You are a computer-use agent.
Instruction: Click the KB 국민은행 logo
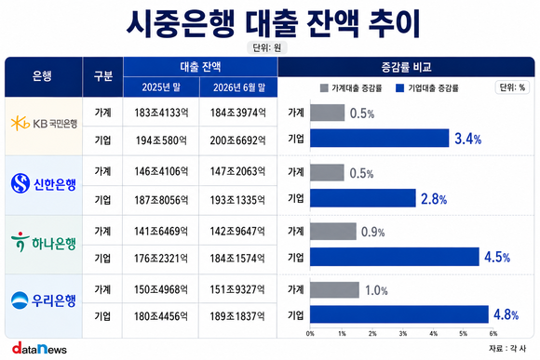(x=44, y=124)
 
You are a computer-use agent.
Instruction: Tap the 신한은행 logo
(x=44, y=183)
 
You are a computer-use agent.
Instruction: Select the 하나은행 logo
(x=44, y=242)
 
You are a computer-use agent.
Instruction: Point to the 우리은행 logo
(x=44, y=300)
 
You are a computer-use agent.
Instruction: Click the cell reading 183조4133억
(x=161, y=113)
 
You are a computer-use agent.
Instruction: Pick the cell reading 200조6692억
(x=238, y=140)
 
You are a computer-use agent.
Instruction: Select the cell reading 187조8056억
(x=161, y=200)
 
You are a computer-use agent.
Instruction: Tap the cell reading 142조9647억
(x=237, y=231)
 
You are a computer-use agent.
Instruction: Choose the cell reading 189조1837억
(x=237, y=316)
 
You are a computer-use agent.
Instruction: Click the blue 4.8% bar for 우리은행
(x=399, y=314)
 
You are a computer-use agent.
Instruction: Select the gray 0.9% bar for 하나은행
(x=333, y=232)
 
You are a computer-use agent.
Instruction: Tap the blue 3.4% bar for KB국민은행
(x=380, y=138)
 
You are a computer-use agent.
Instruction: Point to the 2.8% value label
(x=434, y=199)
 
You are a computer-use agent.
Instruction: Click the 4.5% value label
(x=497, y=257)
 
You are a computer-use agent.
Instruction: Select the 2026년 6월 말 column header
(x=238, y=87)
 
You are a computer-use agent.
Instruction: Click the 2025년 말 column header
(x=161, y=87)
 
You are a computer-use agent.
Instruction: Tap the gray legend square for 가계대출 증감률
(x=324, y=88)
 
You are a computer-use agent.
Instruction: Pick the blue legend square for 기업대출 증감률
(x=399, y=88)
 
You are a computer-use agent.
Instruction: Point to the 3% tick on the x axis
(x=403, y=334)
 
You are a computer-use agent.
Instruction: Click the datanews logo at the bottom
(x=39, y=348)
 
